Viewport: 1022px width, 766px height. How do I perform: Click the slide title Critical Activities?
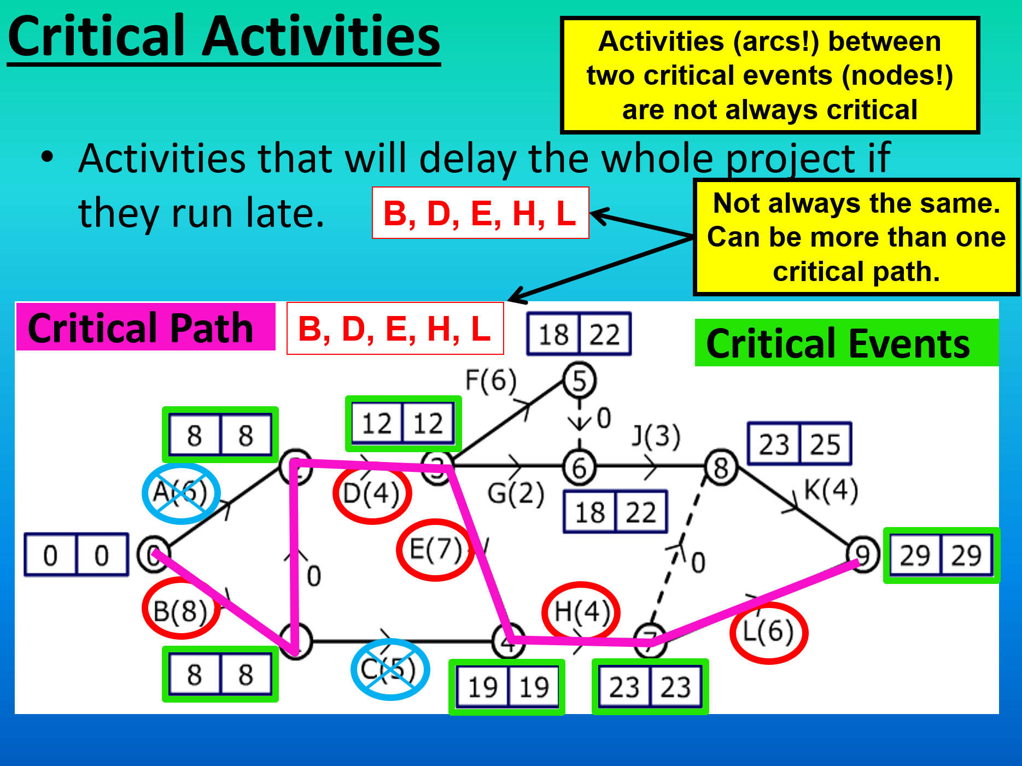pos(224,37)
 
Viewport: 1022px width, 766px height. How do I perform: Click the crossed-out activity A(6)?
pos(180,493)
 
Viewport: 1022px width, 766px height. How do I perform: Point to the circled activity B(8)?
pos(180,610)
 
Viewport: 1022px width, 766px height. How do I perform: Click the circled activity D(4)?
pos(372,494)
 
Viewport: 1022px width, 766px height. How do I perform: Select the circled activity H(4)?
pos(581,611)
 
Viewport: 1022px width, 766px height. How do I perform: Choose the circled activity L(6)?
pos(768,632)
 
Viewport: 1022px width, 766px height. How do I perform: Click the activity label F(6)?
pos(490,380)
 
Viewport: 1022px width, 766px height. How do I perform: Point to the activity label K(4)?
pos(831,490)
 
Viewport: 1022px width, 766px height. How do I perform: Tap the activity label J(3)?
pos(656,436)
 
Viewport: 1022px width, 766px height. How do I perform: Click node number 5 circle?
pos(579,381)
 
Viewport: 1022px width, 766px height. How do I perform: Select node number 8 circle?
pos(721,468)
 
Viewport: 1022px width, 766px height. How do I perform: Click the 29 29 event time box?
pos(941,556)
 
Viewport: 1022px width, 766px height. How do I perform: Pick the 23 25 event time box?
pos(799,444)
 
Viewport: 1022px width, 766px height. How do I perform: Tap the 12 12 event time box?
pos(403,424)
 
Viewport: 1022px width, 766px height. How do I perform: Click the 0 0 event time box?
pos(77,555)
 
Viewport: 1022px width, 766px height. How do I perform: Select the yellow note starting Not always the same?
pos(856,237)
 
